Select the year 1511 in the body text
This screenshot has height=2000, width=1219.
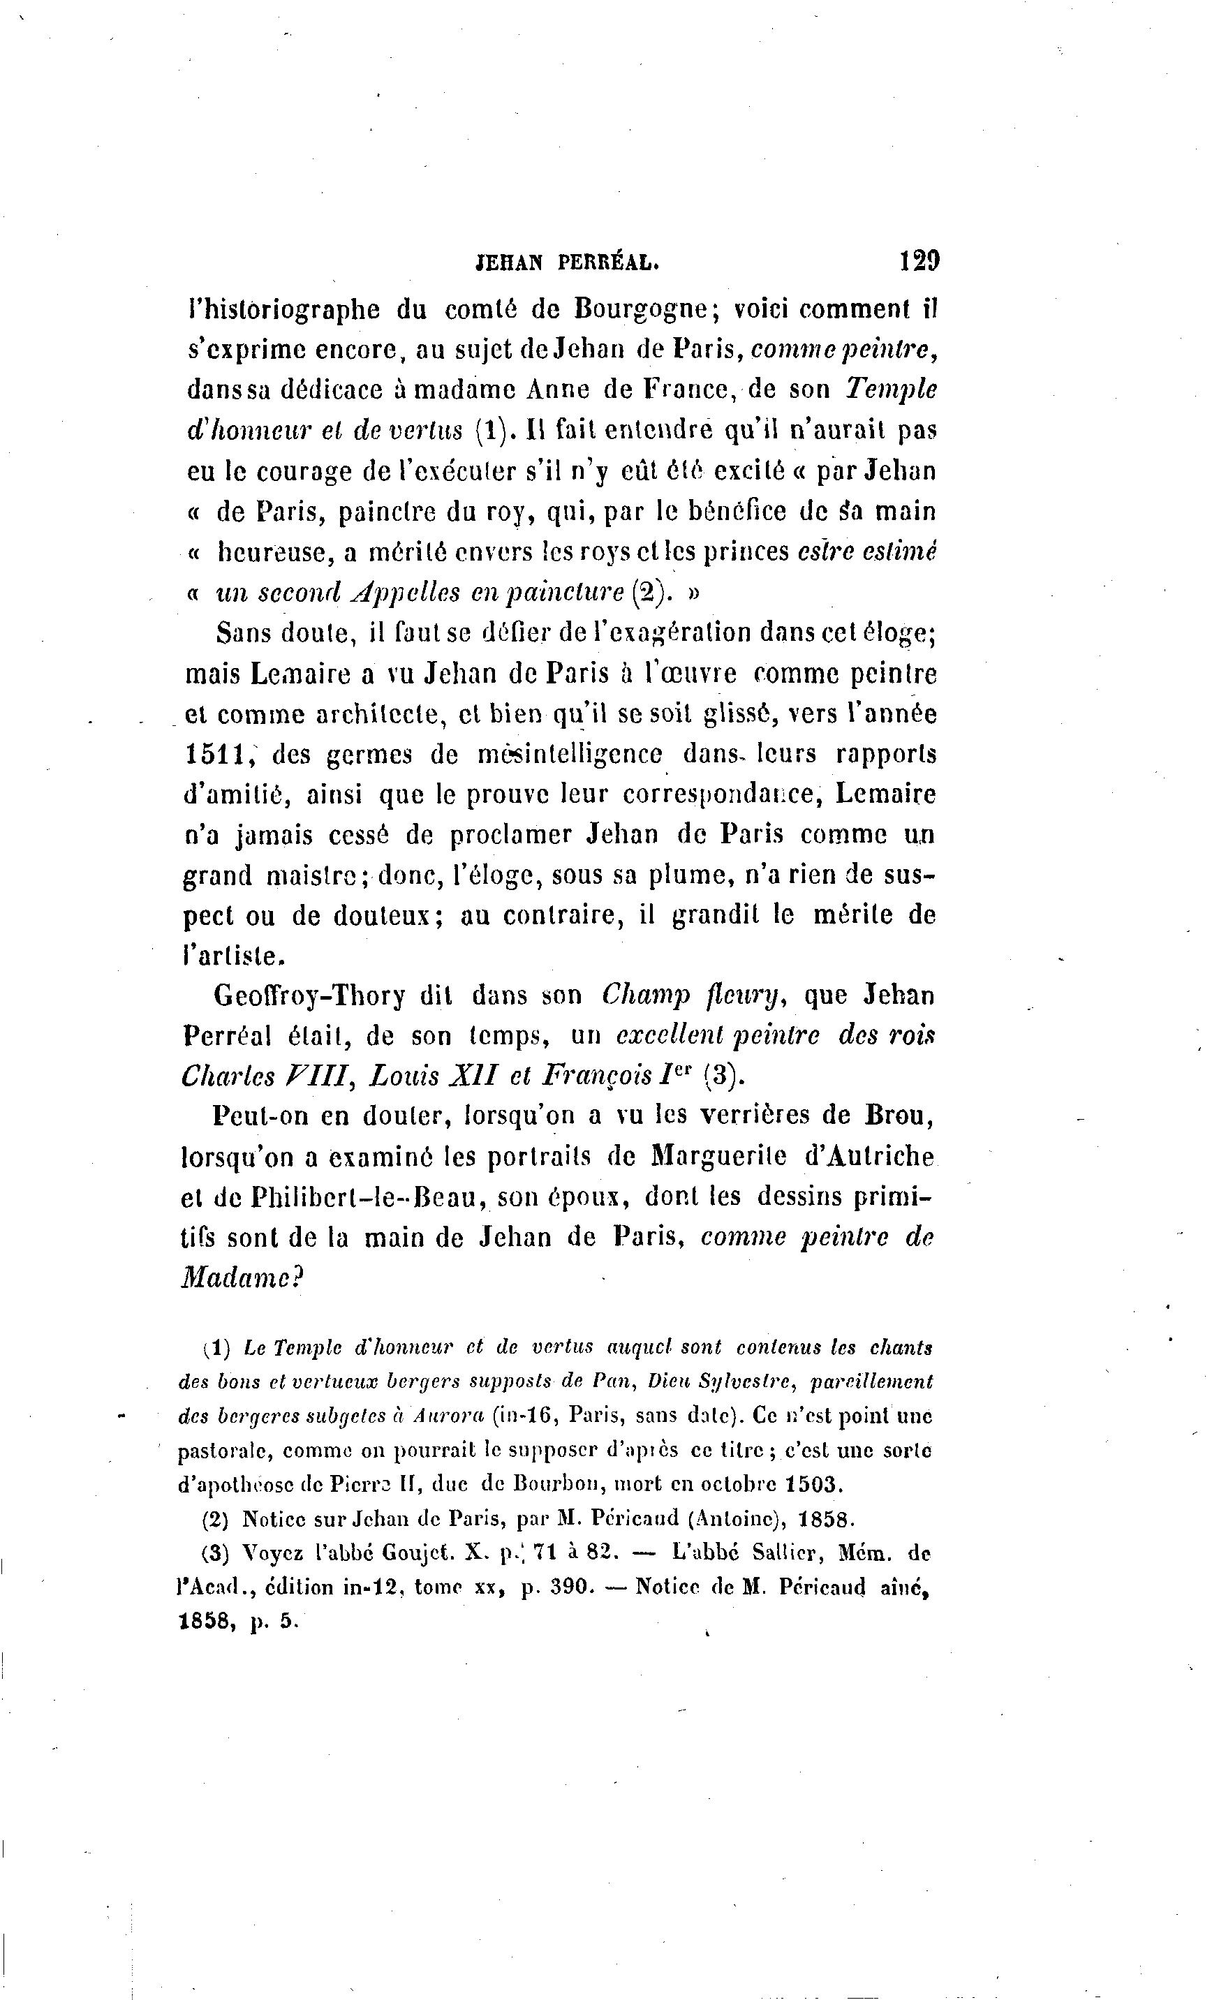pyautogui.click(x=216, y=754)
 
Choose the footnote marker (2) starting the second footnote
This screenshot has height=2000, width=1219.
pyautogui.click(x=215, y=1518)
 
